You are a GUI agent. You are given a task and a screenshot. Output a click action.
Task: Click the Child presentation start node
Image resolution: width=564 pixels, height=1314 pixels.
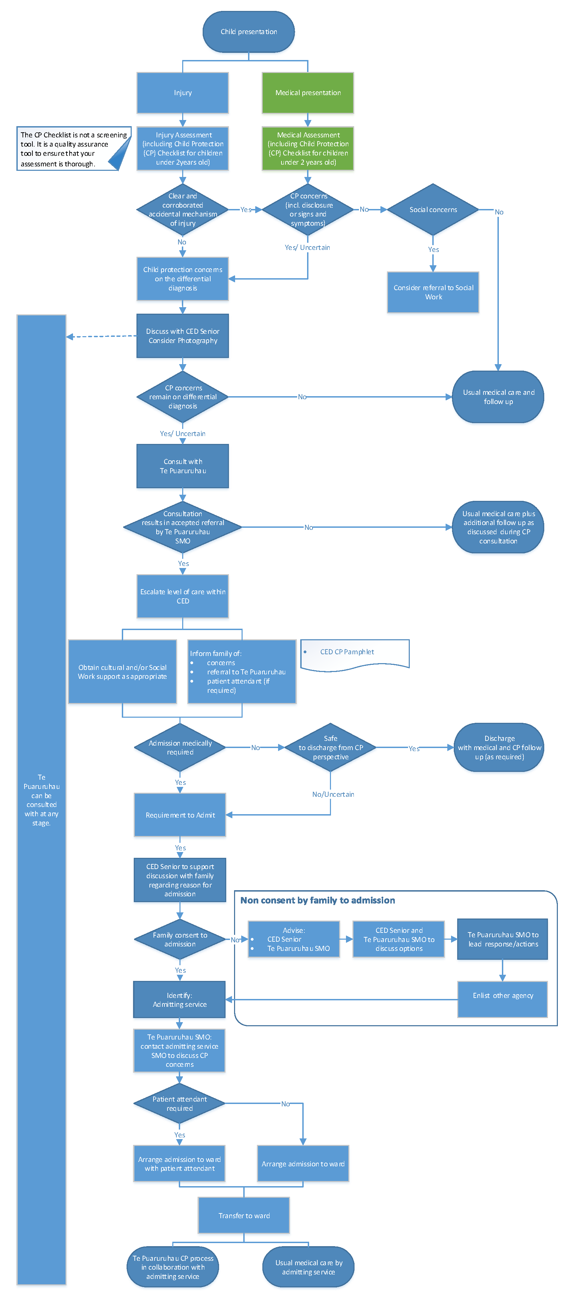pos(249,32)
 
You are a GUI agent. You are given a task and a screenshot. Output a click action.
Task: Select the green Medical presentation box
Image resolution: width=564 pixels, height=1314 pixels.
pos(308,93)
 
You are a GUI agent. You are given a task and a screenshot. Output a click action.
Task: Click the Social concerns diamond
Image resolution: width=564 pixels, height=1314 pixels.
pos(433,210)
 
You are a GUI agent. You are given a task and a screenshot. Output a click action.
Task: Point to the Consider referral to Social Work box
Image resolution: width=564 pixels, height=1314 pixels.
pos(433,292)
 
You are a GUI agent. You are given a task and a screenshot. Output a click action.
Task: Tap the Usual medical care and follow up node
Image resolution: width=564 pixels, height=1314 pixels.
pos(498,397)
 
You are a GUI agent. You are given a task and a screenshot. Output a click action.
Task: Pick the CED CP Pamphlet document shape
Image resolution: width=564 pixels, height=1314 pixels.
pos(355,654)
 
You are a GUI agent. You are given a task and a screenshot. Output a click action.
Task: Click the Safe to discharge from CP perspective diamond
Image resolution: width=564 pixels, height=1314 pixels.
pos(330,747)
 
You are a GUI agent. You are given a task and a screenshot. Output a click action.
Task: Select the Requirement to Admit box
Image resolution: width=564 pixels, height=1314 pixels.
pos(180,815)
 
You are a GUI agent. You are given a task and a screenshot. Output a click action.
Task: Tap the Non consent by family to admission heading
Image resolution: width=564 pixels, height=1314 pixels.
pos(317,900)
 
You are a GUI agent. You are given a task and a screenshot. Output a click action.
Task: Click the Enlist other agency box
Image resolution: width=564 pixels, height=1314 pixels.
pos(502,995)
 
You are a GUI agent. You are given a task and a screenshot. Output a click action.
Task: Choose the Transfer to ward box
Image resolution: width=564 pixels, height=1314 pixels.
pos(244,1215)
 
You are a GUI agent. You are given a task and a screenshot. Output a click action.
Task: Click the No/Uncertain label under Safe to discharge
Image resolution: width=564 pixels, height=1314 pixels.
pos(333,794)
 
